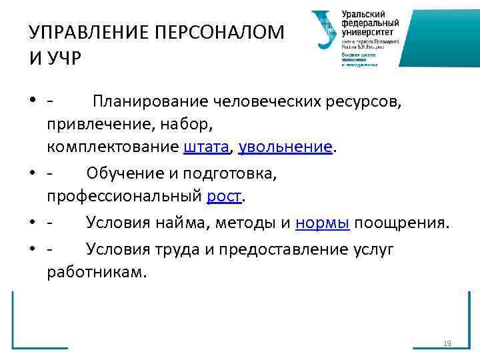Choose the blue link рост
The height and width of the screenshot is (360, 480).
coord(225,197)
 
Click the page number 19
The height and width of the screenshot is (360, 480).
coord(447,343)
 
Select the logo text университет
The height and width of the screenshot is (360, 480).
coord(368,32)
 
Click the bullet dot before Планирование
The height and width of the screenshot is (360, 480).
coord(33,102)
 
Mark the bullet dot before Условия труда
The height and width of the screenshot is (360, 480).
coord(33,250)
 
